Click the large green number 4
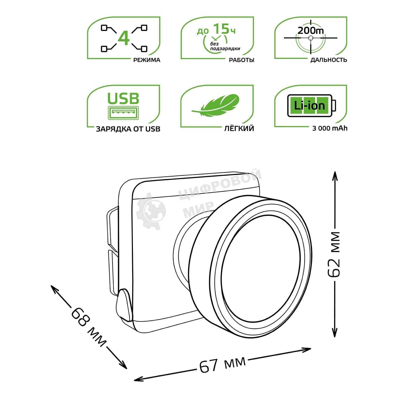coord(124,38)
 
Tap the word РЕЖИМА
coord(147,60)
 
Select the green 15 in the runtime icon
coord(221,29)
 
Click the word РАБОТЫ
coord(241,60)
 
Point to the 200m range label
coord(310,31)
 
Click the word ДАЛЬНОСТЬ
coord(328,60)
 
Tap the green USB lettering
coord(123,98)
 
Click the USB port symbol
coord(123,113)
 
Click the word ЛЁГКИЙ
coord(239,129)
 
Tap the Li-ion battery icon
coord(311,106)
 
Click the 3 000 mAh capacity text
coord(330,128)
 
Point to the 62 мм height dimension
coord(334,254)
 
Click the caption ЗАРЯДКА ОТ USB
coord(128,129)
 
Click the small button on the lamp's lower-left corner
coord(124,304)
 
